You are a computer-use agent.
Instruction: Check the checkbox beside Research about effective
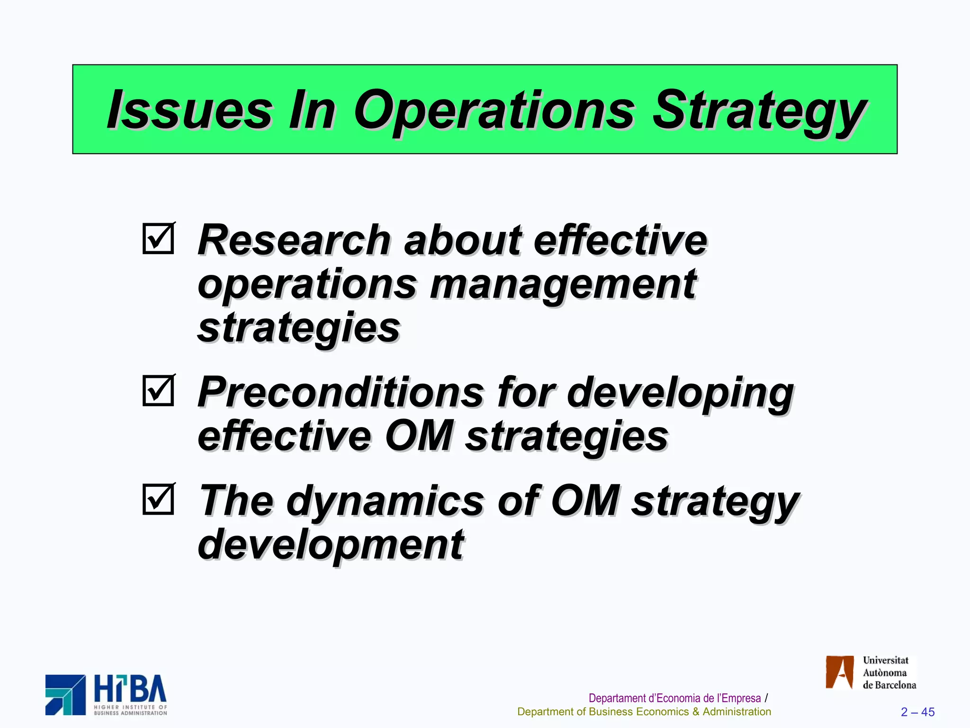point(158,238)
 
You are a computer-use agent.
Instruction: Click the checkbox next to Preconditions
point(158,391)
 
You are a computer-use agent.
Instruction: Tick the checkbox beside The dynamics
point(158,499)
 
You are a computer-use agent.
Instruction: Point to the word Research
point(294,240)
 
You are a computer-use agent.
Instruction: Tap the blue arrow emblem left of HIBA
point(65,695)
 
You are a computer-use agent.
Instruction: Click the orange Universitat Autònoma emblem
point(839,672)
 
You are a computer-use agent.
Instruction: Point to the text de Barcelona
point(889,685)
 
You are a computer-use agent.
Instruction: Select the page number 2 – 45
point(917,712)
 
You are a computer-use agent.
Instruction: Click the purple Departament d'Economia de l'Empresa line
point(674,698)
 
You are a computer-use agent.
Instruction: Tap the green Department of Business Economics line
point(644,712)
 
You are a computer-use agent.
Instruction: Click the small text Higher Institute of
point(130,707)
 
